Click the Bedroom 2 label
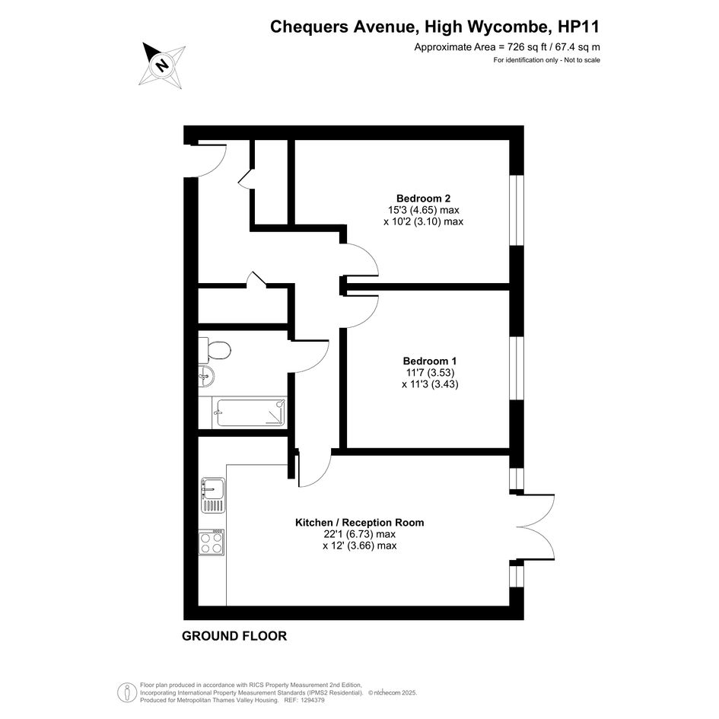[423, 199]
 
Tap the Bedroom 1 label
[430, 361]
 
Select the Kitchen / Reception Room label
[359, 522]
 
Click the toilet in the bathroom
[215, 350]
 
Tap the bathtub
[251, 412]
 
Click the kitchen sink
[213, 495]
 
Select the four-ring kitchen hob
[212, 542]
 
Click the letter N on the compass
[161, 64]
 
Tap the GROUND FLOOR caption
[234, 636]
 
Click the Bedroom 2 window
[517, 210]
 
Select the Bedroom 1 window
[517, 369]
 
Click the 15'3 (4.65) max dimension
[423, 210]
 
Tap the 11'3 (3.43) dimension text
[430, 384]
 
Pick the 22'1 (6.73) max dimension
[359, 534]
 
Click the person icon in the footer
[124, 692]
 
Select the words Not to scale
[582, 60]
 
